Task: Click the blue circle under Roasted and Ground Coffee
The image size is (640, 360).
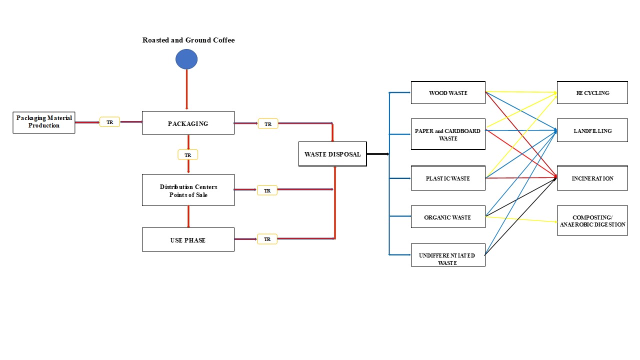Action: [186, 59]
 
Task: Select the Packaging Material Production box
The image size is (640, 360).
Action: [44, 122]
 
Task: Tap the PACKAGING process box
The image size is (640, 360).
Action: [188, 123]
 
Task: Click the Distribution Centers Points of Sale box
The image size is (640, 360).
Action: [188, 190]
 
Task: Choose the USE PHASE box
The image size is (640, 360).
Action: [188, 239]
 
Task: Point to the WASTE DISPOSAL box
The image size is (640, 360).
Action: [332, 154]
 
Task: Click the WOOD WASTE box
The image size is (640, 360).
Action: [448, 92]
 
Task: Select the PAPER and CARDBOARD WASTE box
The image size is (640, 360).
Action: [448, 134]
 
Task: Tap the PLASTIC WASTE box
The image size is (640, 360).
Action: [448, 178]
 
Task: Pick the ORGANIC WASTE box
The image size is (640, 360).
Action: [448, 217]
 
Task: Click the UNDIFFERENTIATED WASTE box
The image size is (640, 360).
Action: [448, 255]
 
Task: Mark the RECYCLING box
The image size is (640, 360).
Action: [592, 92]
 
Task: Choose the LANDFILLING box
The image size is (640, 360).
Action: [592, 130]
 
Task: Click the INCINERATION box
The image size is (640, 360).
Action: [592, 178]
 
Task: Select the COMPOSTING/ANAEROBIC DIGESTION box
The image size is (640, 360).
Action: [592, 220]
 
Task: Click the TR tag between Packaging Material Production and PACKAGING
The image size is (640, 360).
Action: [109, 122]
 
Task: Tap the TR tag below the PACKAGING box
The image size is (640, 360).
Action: [188, 155]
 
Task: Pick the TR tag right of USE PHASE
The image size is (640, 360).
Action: [267, 239]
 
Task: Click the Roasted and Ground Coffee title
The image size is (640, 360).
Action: [188, 40]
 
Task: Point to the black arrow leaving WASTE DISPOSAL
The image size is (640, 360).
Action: [378, 154]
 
